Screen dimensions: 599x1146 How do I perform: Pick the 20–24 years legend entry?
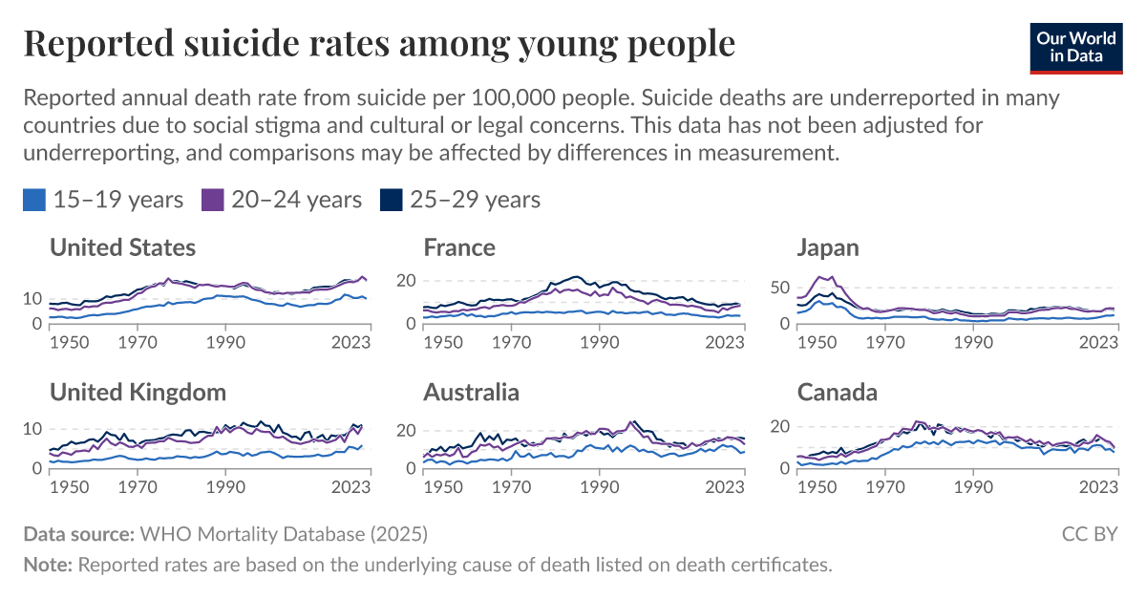pos(282,199)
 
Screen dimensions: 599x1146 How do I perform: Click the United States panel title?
pos(122,247)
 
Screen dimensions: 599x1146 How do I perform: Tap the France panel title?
pos(459,247)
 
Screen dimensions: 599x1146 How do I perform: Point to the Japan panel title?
pos(828,247)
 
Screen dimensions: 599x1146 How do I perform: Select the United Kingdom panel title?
pos(138,392)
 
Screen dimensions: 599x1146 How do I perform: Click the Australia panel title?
pos(472,392)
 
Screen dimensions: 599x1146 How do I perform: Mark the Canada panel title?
pos(837,392)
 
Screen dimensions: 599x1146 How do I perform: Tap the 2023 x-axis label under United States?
pos(351,340)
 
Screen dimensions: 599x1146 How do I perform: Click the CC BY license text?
pos(1090,533)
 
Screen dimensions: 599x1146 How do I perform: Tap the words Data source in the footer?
pos(79,533)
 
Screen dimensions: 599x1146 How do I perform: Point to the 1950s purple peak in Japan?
pos(819,277)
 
